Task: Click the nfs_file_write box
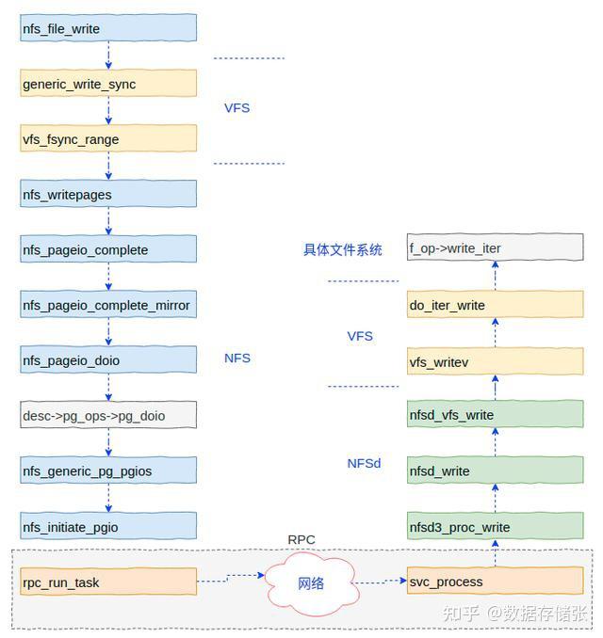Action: [x=108, y=28]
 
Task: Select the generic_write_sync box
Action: [x=108, y=84]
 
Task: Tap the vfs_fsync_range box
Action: [x=108, y=139]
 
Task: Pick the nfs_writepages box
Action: [x=108, y=195]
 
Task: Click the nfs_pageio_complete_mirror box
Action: [x=108, y=305]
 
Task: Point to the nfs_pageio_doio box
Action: [x=108, y=360]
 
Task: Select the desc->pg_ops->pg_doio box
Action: [x=108, y=415]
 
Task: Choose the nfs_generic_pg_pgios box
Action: [x=108, y=471]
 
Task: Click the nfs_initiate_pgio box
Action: [x=108, y=527]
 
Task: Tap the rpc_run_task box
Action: [x=108, y=582]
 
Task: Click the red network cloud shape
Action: [x=311, y=582]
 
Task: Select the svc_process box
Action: [x=495, y=582]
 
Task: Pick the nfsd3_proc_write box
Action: [x=495, y=527]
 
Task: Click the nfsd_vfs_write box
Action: [x=495, y=415]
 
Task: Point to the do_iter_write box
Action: [x=495, y=305]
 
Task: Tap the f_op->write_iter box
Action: [x=495, y=249]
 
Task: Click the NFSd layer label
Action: [x=364, y=463]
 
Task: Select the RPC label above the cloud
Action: [x=301, y=540]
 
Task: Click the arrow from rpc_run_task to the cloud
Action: [x=232, y=579]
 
